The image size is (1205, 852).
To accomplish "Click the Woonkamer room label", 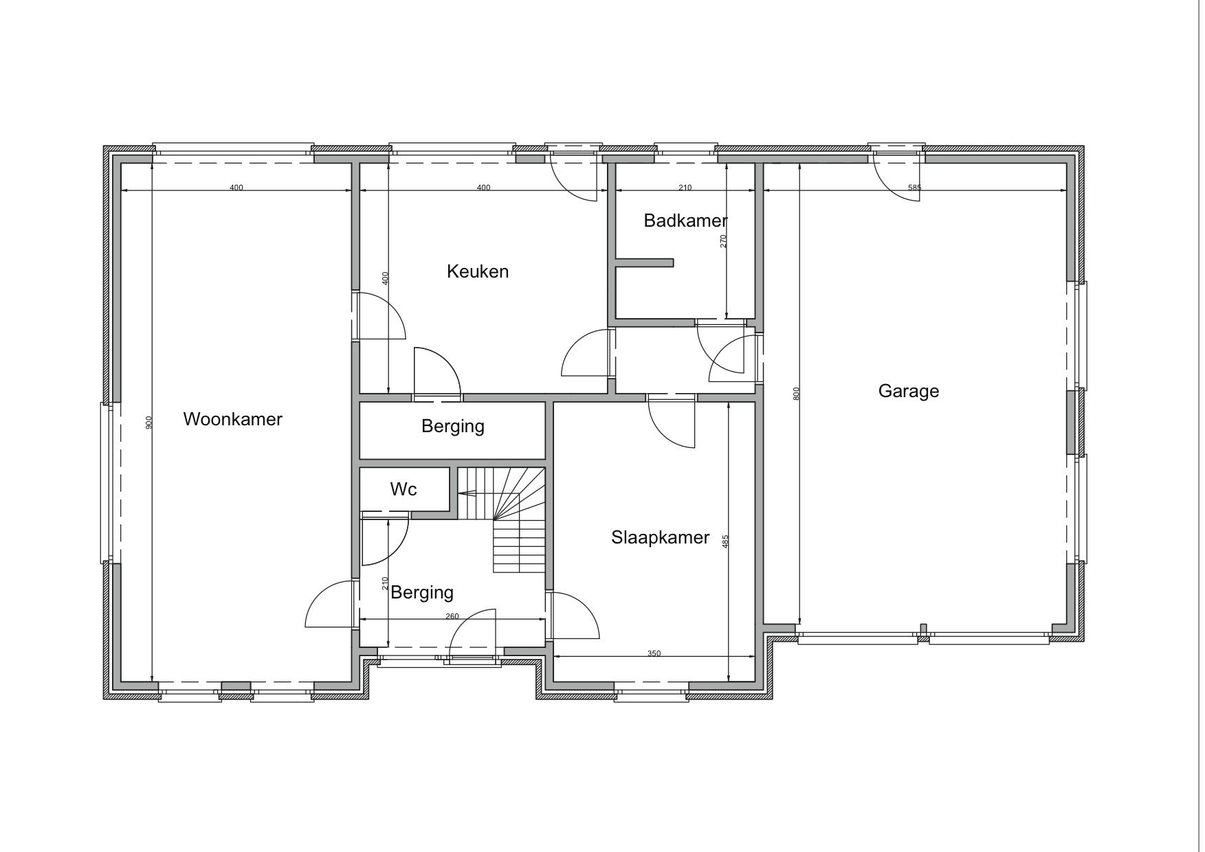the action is click(232, 419).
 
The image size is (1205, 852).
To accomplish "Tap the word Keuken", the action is click(478, 271).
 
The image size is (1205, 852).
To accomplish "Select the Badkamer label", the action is click(685, 221).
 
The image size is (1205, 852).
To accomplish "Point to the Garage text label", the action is click(908, 392).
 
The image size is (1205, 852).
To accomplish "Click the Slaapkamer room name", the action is click(660, 537).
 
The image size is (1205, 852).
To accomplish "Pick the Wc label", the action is click(403, 489).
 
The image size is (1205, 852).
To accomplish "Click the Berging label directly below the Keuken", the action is click(453, 427).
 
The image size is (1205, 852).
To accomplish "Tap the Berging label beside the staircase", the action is click(422, 592).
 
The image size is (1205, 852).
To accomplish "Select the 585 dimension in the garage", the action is click(914, 188).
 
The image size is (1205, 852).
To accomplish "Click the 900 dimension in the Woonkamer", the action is click(149, 423).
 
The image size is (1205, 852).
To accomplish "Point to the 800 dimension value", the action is click(796, 394).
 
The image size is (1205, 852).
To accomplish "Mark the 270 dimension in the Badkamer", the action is click(723, 241).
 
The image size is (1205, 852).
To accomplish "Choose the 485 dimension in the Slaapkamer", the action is click(725, 541).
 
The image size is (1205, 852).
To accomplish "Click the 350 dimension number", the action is click(654, 653).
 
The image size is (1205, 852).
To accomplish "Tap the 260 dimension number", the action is click(452, 616).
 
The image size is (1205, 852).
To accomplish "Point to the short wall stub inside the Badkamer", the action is click(645, 262).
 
